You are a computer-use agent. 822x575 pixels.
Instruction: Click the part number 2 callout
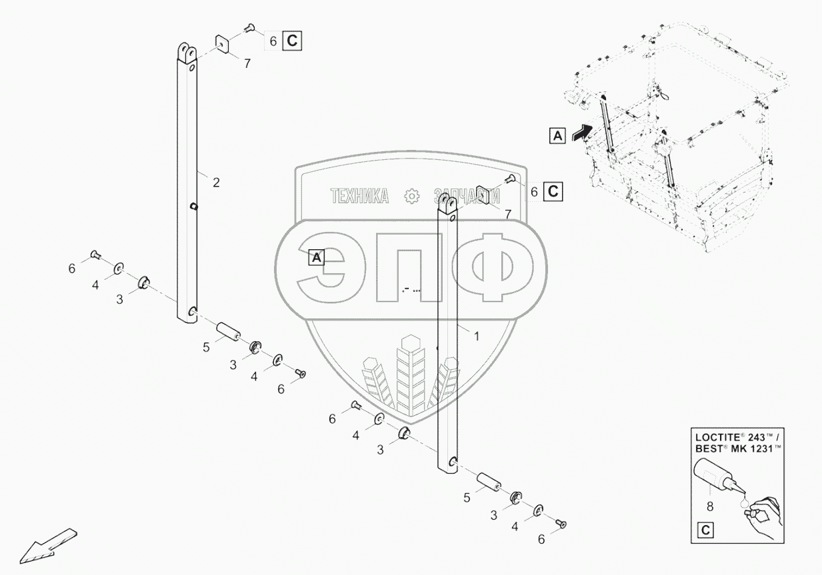tap(216, 183)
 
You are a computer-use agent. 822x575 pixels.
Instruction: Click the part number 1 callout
tap(476, 336)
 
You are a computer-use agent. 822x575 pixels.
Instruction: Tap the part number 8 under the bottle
tap(710, 506)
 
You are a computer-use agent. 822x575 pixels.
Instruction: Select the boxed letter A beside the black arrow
tap(557, 135)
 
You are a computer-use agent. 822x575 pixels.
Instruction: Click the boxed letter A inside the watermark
tap(317, 257)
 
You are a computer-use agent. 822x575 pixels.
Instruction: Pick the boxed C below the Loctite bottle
tap(704, 531)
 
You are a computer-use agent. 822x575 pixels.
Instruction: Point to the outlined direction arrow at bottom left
tap(47, 542)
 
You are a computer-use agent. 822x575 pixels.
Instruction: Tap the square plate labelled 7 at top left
tap(222, 45)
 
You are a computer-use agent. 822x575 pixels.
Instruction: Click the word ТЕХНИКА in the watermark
tap(360, 195)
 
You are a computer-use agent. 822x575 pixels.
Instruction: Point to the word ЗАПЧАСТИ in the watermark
tap(467, 195)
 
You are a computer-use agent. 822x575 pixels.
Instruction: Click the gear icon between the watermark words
tap(411, 195)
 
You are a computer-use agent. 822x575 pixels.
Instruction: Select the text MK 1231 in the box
tap(751, 449)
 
